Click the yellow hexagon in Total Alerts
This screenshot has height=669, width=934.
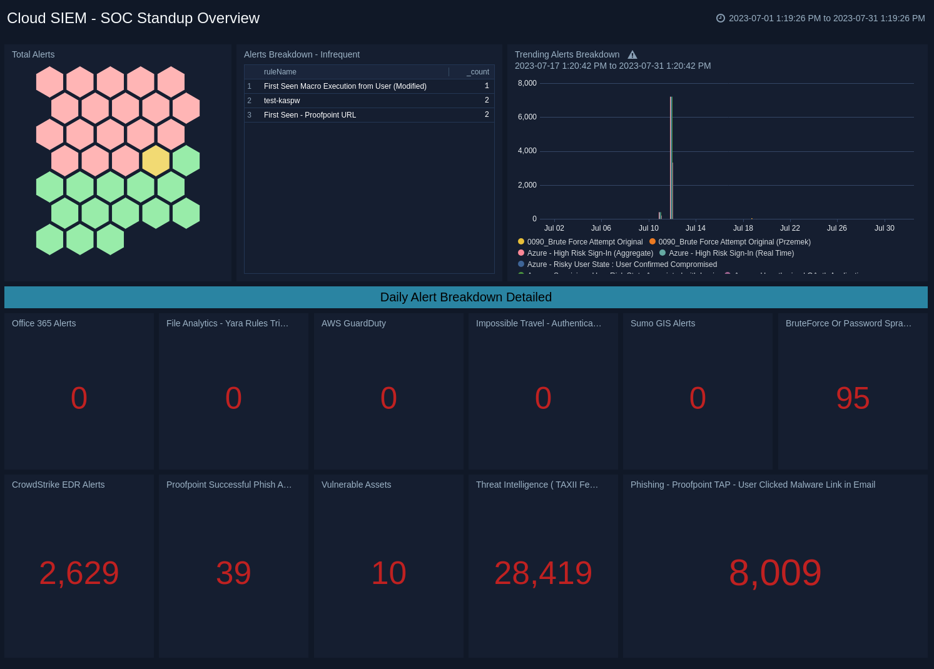[x=156, y=161]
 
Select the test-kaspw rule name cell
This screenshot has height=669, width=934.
[x=282, y=101]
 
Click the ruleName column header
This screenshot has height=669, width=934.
[x=280, y=72]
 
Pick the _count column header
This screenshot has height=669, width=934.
[x=478, y=72]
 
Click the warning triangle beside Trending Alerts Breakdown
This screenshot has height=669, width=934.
[x=632, y=55]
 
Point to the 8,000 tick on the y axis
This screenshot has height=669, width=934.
[x=527, y=83]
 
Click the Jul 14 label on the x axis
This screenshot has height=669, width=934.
[x=695, y=228]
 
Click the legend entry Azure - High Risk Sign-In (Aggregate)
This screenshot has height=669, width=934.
[x=589, y=253]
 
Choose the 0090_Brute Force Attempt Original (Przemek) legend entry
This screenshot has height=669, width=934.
[x=734, y=242]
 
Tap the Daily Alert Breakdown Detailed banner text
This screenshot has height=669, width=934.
[x=465, y=297]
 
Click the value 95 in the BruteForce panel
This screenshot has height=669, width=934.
[x=853, y=398]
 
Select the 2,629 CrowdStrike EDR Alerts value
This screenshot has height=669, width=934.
[x=79, y=573]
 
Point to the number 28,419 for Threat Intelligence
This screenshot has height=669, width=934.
[x=543, y=573]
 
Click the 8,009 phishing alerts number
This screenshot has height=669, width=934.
[x=775, y=573]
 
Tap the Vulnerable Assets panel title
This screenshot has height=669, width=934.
[x=356, y=485]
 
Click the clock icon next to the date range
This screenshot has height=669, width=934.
[x=721, y=18]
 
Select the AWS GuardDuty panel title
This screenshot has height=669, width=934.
[x=353, y=323]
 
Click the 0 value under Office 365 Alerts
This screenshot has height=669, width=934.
[x=79, y=398]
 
